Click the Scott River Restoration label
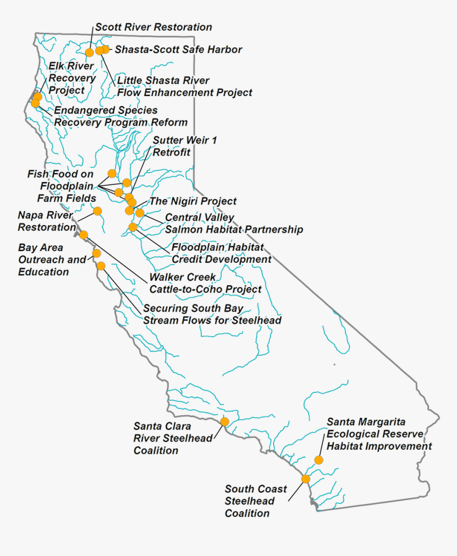coord(154,27)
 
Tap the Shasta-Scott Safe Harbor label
coord(179,50)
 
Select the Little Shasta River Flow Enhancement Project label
coord(184,87)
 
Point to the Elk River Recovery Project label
coord(72,78)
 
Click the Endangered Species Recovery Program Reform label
coord(121,116)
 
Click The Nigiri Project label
coord(193,202)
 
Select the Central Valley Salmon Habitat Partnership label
coord(234,224)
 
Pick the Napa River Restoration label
coord(47,221)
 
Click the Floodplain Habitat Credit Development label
coord(221,253)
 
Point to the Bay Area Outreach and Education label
coord(52,260)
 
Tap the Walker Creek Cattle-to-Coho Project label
coord(205,284)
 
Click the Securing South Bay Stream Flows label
coord(212,314)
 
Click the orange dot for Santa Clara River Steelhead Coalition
coord(225,422)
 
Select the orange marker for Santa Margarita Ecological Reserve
coord(318,460)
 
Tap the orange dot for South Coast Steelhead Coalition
coord(306,478)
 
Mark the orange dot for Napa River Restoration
coord(98,211)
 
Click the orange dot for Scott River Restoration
coord(90,52)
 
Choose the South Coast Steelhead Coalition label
coord(256,501)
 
